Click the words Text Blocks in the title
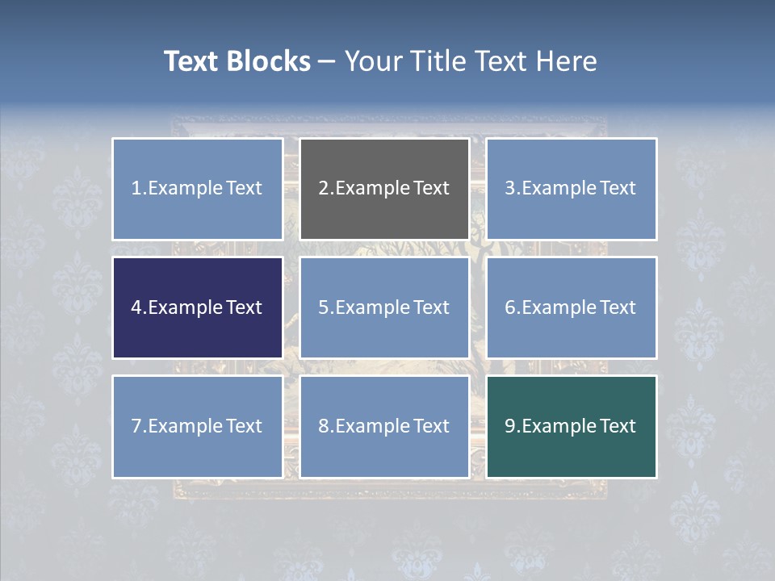237,61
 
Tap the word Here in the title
563,61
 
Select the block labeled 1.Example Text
197,189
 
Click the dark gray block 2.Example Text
384,189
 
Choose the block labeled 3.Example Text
571,189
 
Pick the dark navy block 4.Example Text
197,307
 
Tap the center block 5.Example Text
384,307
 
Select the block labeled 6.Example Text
571,307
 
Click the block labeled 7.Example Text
197,426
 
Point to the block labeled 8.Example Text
384,426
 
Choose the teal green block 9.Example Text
571,426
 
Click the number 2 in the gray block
324,189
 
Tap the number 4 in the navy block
136,307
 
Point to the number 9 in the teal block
510,426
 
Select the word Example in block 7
185,426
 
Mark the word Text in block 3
618,189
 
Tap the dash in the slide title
327,61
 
